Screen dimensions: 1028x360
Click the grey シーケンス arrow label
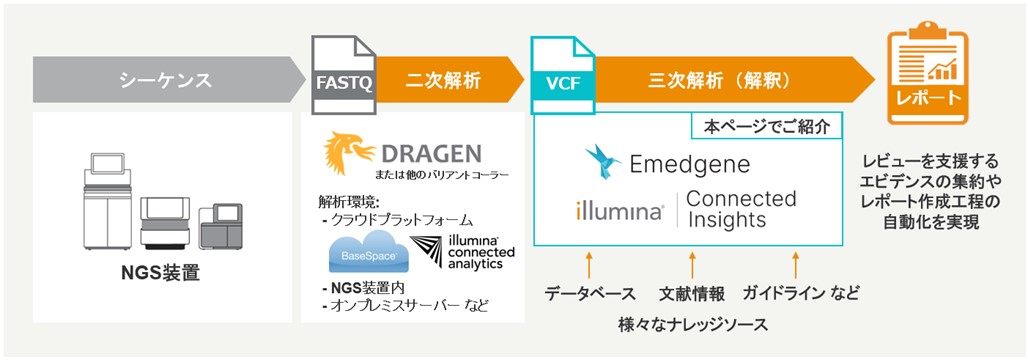click(x=166, y=81)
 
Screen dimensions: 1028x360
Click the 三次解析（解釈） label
click(x=723, y=81)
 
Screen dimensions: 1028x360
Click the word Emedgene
click(x=689, y=164)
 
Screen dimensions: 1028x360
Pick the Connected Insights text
click(x=741, y=209)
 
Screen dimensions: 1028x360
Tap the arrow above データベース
click(x=589, y=266)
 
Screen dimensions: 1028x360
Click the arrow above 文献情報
click(x=692, y=266)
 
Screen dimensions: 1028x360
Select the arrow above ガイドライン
click(x=795, y=266)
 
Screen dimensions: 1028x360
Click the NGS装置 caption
click(x=163, y=273)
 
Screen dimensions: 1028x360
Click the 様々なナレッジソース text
click(x=692, y=323)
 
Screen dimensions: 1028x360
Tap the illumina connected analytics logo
click(x=462, y=252)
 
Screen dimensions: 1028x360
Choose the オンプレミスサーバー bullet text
click(x=405, y=306)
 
